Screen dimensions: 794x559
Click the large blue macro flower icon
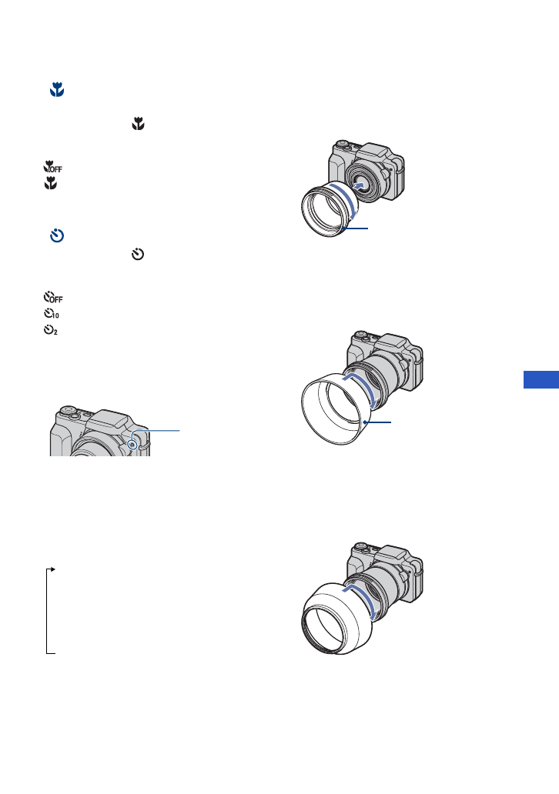56,91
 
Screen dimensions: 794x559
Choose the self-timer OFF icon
53,296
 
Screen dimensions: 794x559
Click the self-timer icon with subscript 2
52,329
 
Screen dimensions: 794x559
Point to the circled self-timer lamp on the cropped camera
134,445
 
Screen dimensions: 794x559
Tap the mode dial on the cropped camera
69,412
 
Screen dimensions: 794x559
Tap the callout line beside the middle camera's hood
377,422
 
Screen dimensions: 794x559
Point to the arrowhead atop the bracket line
52,569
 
